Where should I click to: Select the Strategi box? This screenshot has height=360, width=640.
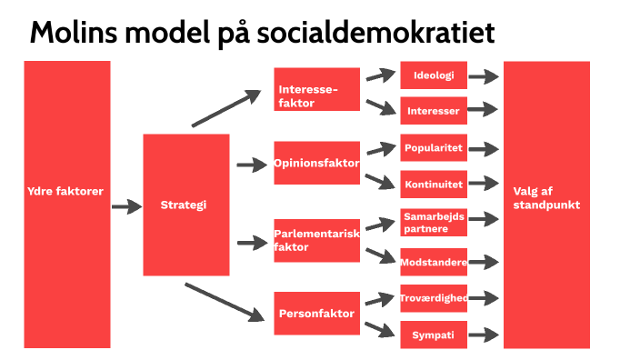pos(185,205)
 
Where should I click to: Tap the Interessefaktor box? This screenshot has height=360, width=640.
pos(317,90)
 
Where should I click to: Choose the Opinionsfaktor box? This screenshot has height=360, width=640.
pos(317,165)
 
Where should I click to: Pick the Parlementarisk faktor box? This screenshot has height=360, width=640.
pos(317,241)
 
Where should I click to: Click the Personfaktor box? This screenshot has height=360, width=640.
pos(317,314)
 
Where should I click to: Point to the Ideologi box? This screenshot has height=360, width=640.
pos(434,75)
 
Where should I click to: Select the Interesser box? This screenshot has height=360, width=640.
pos(434,111)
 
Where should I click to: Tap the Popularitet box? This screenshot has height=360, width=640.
pos(434,148)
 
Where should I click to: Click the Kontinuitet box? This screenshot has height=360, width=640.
pos(434,184)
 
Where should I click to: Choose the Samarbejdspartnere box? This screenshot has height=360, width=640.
pos(434,224)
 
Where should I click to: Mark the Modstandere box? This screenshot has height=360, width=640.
pos(434,262)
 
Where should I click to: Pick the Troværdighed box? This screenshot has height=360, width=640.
pos(434,297)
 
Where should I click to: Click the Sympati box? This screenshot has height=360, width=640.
pos(434,335)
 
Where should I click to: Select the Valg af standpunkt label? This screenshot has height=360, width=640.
pos(545,198)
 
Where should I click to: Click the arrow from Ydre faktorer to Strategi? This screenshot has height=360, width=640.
pos(126,207)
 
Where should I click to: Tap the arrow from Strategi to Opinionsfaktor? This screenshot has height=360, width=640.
pos(250,165)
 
